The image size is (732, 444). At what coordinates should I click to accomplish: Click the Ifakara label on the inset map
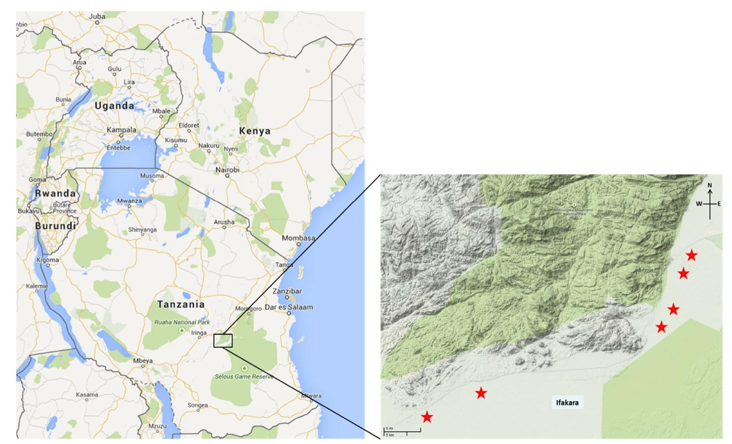pos(567,402)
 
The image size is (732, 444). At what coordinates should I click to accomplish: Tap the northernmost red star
pos(691,255)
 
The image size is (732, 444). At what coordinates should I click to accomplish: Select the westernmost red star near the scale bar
pos(427,417)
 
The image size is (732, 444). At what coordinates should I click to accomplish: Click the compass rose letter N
pos(710,185)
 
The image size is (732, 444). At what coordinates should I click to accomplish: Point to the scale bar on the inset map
pos(402,431)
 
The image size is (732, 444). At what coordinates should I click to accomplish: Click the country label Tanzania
pos(181,304)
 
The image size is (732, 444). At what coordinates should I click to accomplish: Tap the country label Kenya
pos(255,131)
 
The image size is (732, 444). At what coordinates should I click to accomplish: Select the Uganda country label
pos(114,106)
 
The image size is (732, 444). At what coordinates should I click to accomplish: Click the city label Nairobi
pos(227,170)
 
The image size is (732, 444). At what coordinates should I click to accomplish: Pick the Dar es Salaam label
pos(289,307)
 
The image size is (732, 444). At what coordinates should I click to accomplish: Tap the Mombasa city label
pos(298,238)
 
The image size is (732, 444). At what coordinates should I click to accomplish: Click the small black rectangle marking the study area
pos(223,341)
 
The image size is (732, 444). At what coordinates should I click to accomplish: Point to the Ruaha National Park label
pos(182,322)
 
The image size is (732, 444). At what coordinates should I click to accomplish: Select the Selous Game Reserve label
pos(244,376)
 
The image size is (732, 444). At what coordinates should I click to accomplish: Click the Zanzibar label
pos(287,291)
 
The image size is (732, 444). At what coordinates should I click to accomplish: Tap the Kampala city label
pos(121,130)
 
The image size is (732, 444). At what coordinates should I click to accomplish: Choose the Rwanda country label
pos(55,193)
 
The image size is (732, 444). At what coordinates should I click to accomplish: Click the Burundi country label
pos(55,226)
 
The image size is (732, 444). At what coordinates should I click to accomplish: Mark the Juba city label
pos(97,16)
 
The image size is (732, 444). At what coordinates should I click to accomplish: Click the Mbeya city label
pos(142,361)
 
